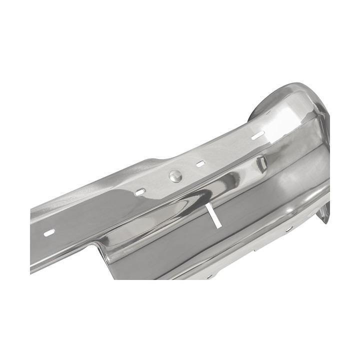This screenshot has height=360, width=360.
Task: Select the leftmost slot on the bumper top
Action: pyautogui.click(x=48, y=232)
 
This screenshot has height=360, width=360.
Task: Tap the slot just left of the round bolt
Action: pyautogui.click(x=140, y=191)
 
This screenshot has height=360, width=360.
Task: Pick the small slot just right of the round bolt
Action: pyautogui.click(x=201, y=163)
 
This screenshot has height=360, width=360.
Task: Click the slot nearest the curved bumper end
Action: pyautogui.click(x=258, y=135)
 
